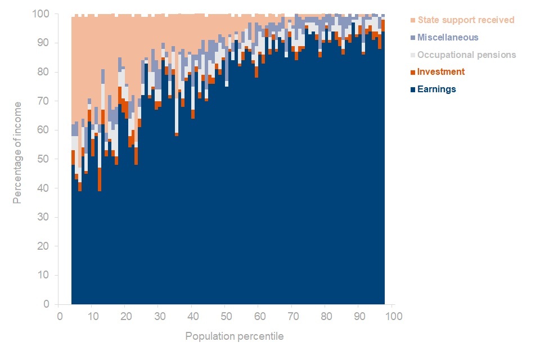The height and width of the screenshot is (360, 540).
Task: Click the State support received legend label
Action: (x=466, y=20)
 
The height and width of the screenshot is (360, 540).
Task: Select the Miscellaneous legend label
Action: (x=448, y=38)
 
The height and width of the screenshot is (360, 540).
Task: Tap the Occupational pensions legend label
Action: (x=466, y=55)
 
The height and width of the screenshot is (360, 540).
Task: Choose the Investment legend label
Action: (x=441, y=72)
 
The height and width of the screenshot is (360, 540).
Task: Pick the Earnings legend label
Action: (x=436, y=89)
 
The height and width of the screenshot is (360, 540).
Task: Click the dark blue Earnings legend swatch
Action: (x=413, y=89)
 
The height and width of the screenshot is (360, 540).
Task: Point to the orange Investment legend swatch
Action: (x=413, y=72)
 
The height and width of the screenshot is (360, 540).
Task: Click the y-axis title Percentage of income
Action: (x=17, y=152)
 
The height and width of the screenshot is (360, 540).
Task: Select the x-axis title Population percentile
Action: (x=235, y=337)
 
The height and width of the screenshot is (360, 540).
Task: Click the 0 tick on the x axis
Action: (x=59, y=316)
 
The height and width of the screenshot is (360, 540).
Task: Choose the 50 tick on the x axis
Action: (x=226, y=316)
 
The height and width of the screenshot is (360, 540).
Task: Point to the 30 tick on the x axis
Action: (x=159, y=316)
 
